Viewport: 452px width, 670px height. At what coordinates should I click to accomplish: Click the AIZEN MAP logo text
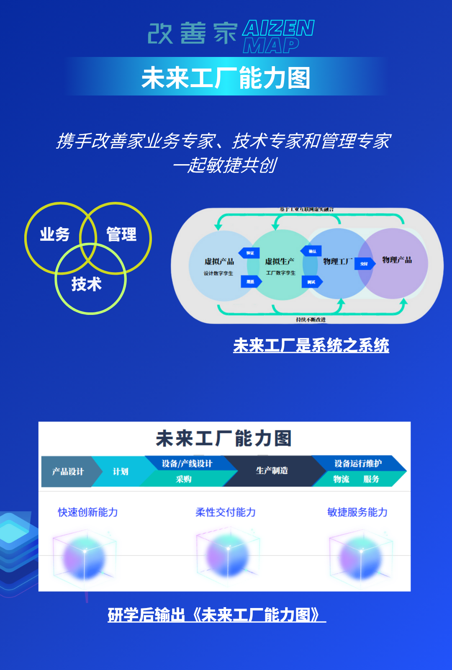click(278, 36)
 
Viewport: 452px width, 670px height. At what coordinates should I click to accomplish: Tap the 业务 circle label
click(55, 234)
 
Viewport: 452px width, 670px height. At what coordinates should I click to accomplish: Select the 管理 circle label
click(121, 234)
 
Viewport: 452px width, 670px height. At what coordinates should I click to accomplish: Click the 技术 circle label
click(87, 284)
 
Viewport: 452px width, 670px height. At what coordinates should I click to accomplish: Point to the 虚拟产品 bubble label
click(219, 262)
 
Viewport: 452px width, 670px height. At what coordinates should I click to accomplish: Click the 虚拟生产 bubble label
click(280, 262)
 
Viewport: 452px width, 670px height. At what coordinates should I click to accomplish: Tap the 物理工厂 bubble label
click(338, 262)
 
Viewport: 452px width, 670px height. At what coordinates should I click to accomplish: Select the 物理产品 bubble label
click(397, 260)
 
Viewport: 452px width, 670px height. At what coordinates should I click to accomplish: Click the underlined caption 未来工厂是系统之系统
click(311, 345)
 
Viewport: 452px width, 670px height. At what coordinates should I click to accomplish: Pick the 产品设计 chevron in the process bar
click(68, 472)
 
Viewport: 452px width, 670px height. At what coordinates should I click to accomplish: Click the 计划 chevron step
click(121, 472)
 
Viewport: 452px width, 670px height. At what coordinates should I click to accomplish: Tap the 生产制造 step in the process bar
click(272, 471)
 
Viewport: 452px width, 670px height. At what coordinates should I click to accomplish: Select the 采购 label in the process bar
click(184, 479)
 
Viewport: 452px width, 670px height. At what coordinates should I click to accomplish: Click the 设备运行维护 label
click(358, 464)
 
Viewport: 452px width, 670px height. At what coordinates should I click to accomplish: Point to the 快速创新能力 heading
click(88, 512)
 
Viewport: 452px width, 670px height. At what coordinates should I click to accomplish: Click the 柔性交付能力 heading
click(226, 512)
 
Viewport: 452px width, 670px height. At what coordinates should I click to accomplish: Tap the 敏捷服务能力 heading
click(357, 512)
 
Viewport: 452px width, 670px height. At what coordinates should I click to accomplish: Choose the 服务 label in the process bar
click(371, 479)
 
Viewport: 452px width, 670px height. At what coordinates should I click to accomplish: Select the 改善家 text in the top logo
click(193, 33)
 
